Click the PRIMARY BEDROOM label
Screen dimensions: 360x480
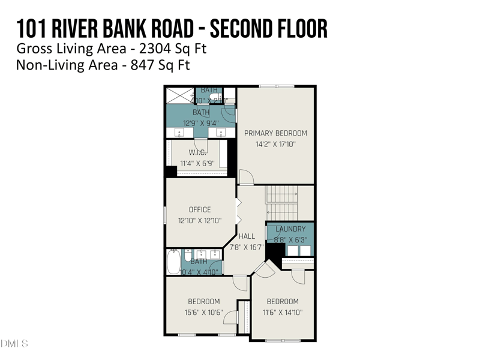pos(275,133)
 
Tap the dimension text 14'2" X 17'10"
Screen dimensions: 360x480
pos(275,145)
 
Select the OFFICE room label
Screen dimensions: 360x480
pos(200,209)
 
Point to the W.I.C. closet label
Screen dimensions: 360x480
pos(197,152)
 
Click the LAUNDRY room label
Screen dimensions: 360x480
pos(290,229)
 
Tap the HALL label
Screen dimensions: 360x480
pos(247,236)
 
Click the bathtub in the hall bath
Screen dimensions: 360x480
pos(173,262)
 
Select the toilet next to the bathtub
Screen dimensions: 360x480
pos(187,255)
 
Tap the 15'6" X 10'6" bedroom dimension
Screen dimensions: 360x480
pos(203,312)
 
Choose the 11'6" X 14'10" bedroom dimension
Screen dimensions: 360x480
pos(282,312)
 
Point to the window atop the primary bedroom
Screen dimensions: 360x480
pos(277,87)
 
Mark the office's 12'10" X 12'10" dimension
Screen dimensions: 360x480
pos(200,220)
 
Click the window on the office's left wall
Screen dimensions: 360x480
pos(165,215)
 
